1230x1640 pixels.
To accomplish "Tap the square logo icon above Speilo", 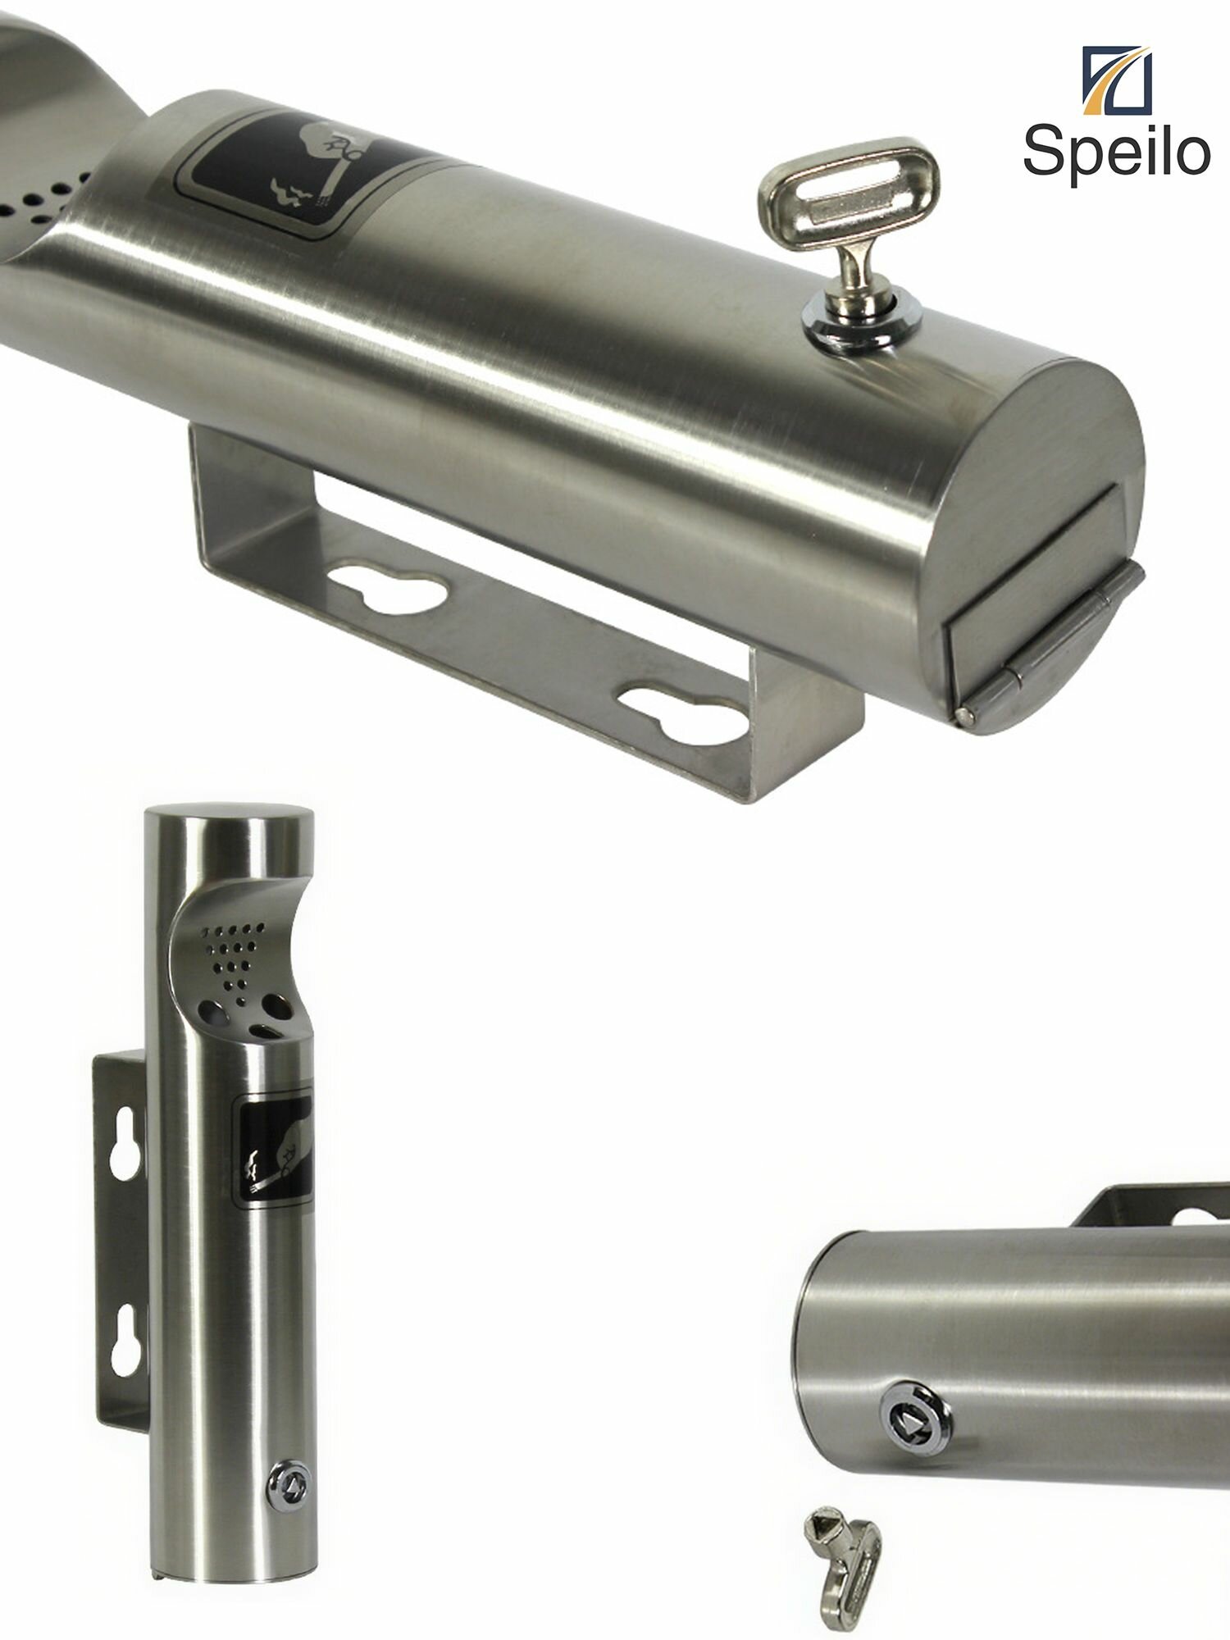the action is (x=1117, y=80).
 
